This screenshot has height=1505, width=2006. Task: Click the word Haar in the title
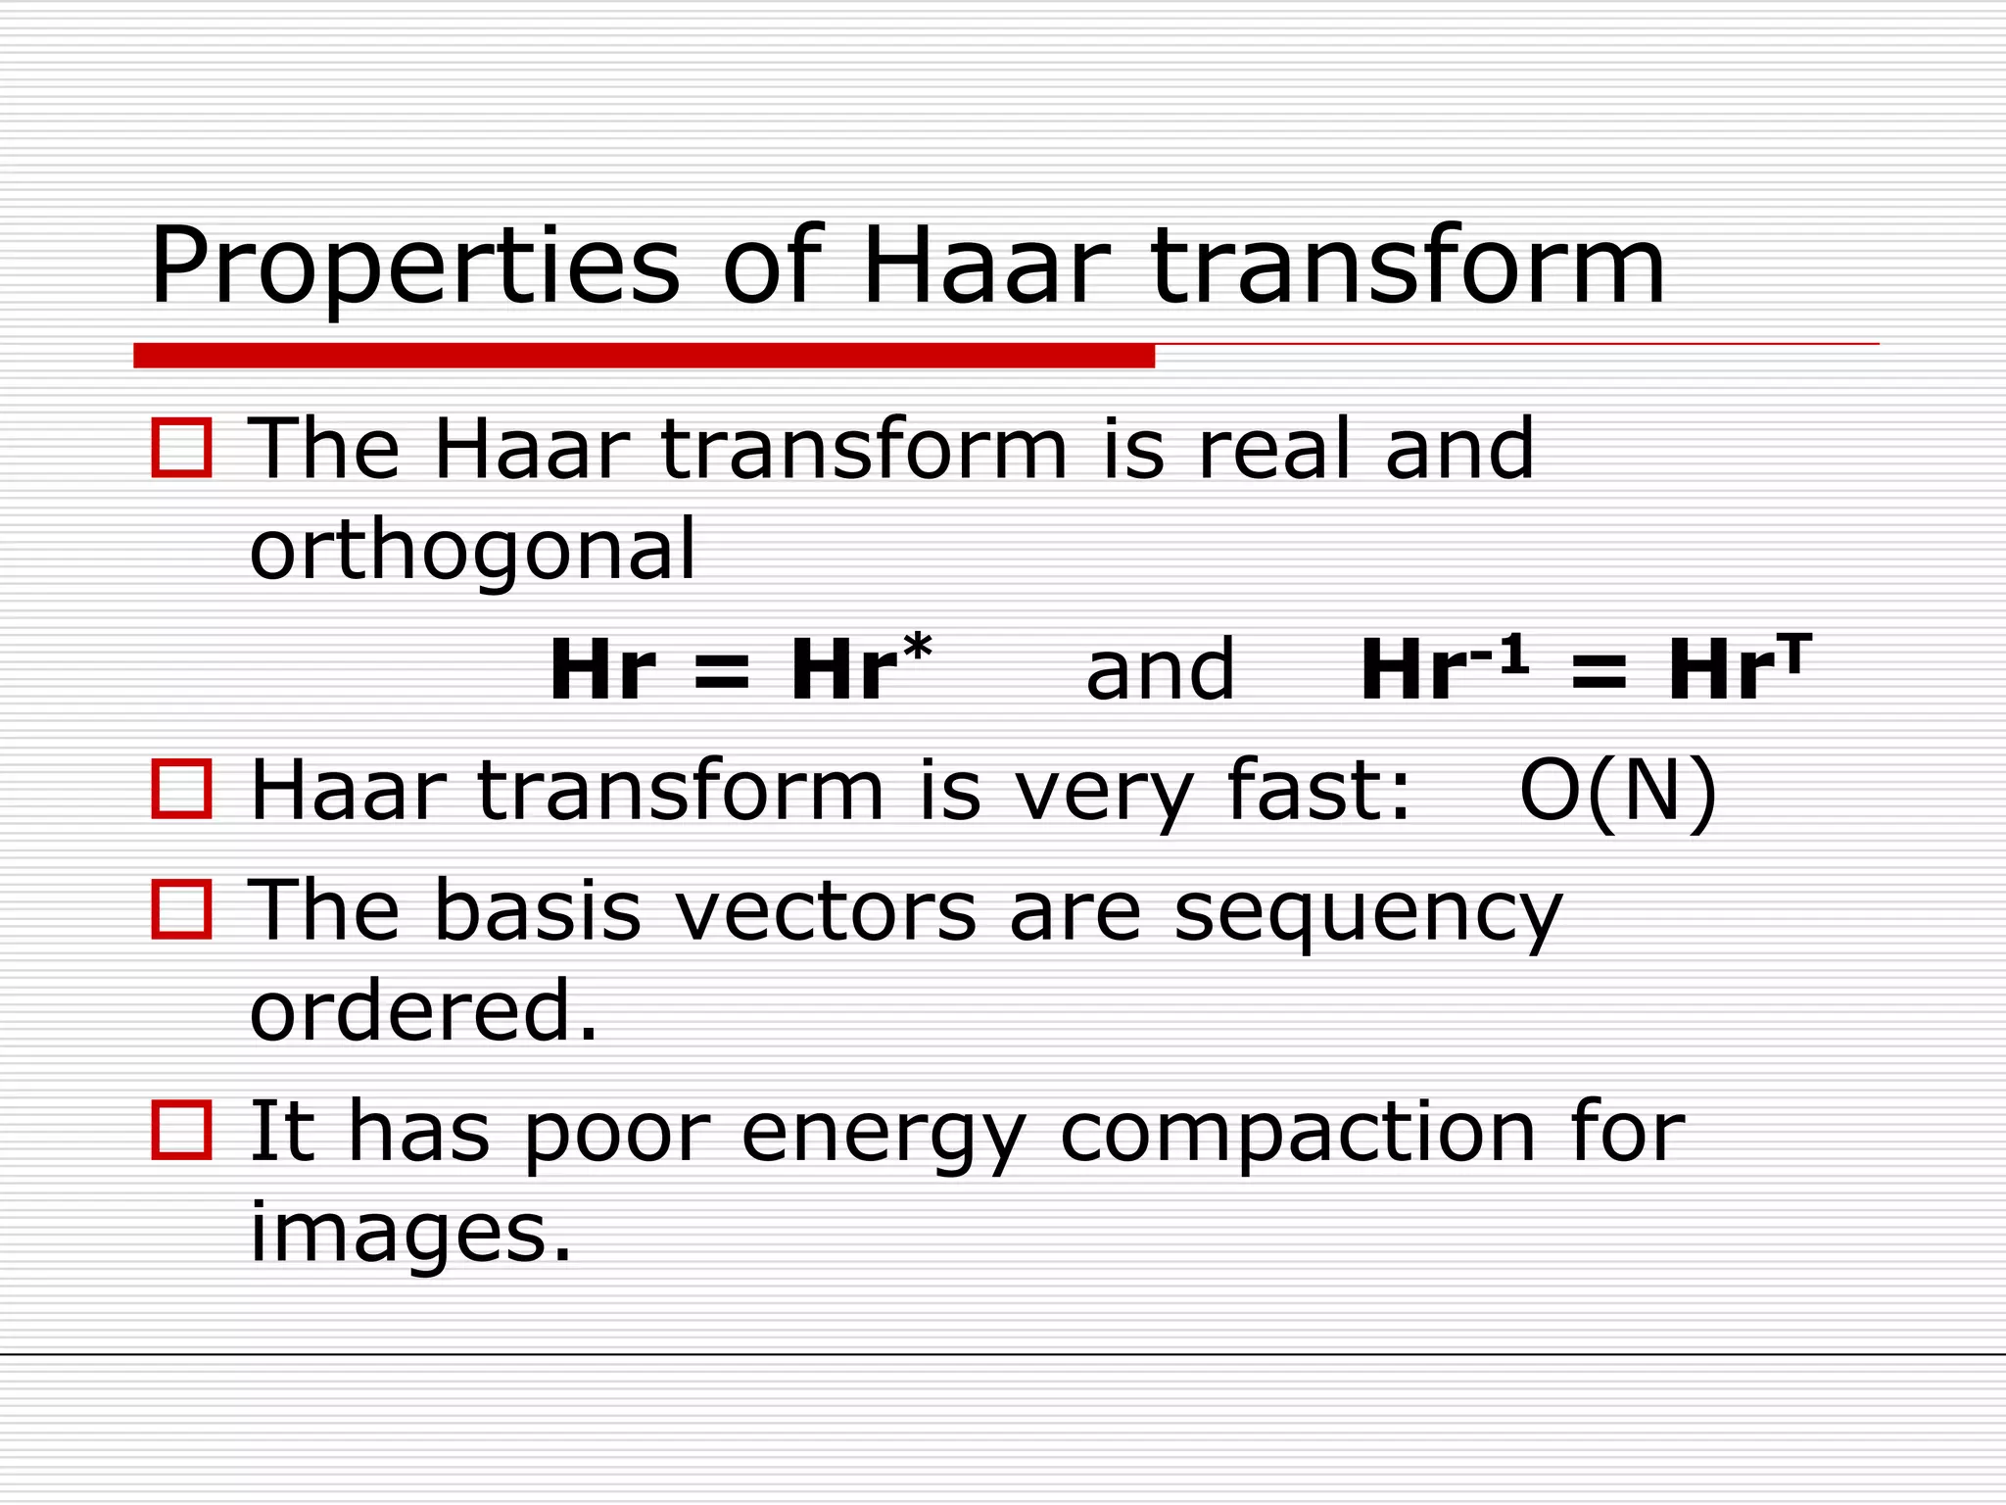coord(985,267)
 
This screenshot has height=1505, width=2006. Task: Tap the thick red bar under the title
coord(644,356)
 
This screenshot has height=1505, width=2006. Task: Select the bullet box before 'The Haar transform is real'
coord(181,448)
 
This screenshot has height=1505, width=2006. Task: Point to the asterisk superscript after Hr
coord(917,648)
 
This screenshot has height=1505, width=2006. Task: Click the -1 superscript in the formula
coord(1499,652)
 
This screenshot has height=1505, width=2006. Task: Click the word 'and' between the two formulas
coord(1160,670)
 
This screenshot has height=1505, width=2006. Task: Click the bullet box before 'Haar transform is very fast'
coord(181,789)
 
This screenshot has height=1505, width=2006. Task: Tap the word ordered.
coord(423,1011)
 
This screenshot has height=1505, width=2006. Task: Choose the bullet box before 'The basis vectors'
coord(181,909)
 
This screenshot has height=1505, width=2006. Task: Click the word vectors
coord(826,911)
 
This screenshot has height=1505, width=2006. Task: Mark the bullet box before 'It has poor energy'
coord(181,1130)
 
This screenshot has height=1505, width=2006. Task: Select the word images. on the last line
coord(410,1233)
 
